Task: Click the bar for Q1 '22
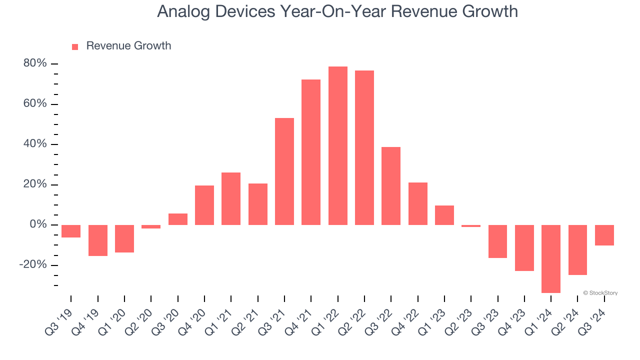[337, 145]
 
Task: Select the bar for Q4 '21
[311, 152]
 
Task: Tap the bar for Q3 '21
[284, 171]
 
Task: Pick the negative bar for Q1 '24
[551, 258]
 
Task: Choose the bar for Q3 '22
[391, 186]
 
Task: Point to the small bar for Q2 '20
[151, 226]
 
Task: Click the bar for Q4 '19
[98, 240]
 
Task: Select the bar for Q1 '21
[231, 198]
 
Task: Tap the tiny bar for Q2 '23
[471, 226]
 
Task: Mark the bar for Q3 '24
[604, 235]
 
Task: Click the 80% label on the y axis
[35, 63]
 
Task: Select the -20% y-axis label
[33, 265]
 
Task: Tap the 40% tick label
[35, 144]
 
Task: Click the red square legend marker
[75, 47]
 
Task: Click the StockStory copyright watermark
[600, 293]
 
